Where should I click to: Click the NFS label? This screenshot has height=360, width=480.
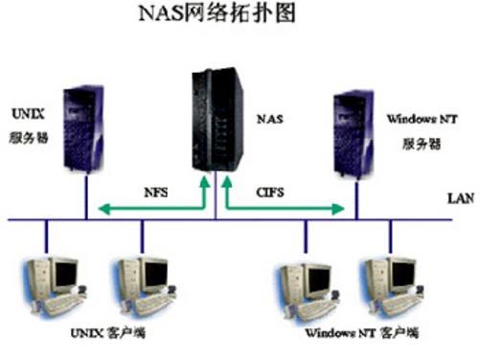click(x=155, y=191)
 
